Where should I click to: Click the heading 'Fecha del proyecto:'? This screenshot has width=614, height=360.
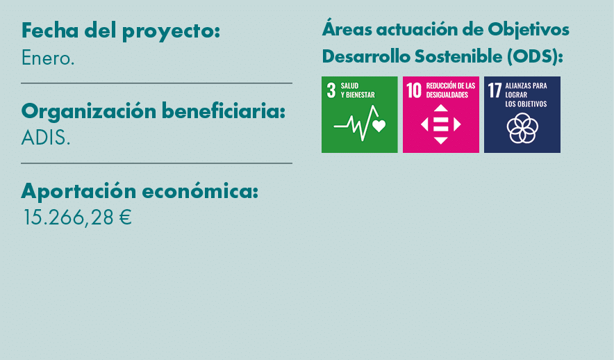(121, 31)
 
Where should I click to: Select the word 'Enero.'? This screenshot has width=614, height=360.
(48, 58)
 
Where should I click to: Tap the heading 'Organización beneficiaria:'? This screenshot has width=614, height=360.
(153, 111)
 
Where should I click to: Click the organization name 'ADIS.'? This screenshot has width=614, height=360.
(46, 138)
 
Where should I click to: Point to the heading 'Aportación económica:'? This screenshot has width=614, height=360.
(140, 190)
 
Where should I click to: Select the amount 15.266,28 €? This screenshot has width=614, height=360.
(77, 218)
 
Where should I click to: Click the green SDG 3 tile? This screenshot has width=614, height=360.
(359, 115)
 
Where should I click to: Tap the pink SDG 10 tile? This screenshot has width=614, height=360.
(440, 115)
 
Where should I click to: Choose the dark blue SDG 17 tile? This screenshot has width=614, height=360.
(522, 115)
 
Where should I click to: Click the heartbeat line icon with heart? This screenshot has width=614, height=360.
(359, 124)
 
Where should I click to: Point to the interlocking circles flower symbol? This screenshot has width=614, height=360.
(522, 128)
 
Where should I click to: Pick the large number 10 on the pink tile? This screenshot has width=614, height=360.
(414, 90)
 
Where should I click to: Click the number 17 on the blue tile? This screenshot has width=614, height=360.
(495, 90)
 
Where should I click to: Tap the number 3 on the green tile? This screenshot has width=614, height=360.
(331, 90)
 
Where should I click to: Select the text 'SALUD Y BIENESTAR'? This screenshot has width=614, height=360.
(358, 90)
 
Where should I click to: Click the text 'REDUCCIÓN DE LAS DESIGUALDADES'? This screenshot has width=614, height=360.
(451, 90)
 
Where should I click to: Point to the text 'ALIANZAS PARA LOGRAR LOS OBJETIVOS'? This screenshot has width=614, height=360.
(526, 95)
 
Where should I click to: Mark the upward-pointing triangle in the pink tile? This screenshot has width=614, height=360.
(440, 108)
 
